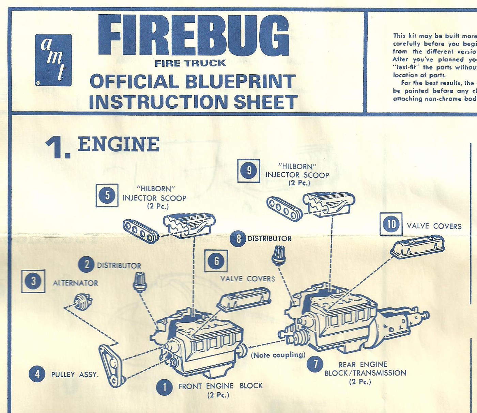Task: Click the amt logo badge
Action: click(53, 60)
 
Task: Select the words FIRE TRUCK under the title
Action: click(190, 63)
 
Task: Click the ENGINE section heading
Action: click(118, 144)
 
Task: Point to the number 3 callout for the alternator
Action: click(33, 281)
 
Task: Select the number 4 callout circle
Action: click(37, 374)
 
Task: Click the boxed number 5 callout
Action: click(107, 195)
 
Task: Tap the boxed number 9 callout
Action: click(249, 171)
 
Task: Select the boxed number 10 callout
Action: click(391, 224)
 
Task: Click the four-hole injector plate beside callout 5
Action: click(140, 231)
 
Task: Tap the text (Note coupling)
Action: click(278, 355)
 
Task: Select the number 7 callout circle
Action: click(315, 364)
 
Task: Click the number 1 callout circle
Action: click(164, 387)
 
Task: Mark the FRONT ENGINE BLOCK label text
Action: click(220, 386)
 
